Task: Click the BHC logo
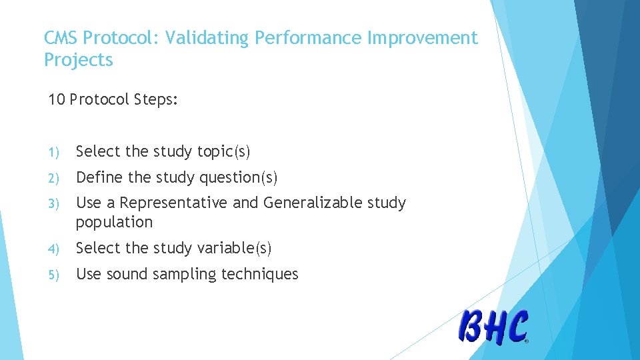click(493, 327)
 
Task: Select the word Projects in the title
click(79, 60)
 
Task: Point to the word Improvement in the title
click(422, 38)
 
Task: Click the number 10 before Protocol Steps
click(57, 99)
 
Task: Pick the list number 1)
click(53, 152)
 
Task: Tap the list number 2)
click(53, 178)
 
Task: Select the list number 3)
click(53, 203)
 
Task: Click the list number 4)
click(53, 249)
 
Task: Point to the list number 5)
click(53, 275)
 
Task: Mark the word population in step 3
click(114, 222)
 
